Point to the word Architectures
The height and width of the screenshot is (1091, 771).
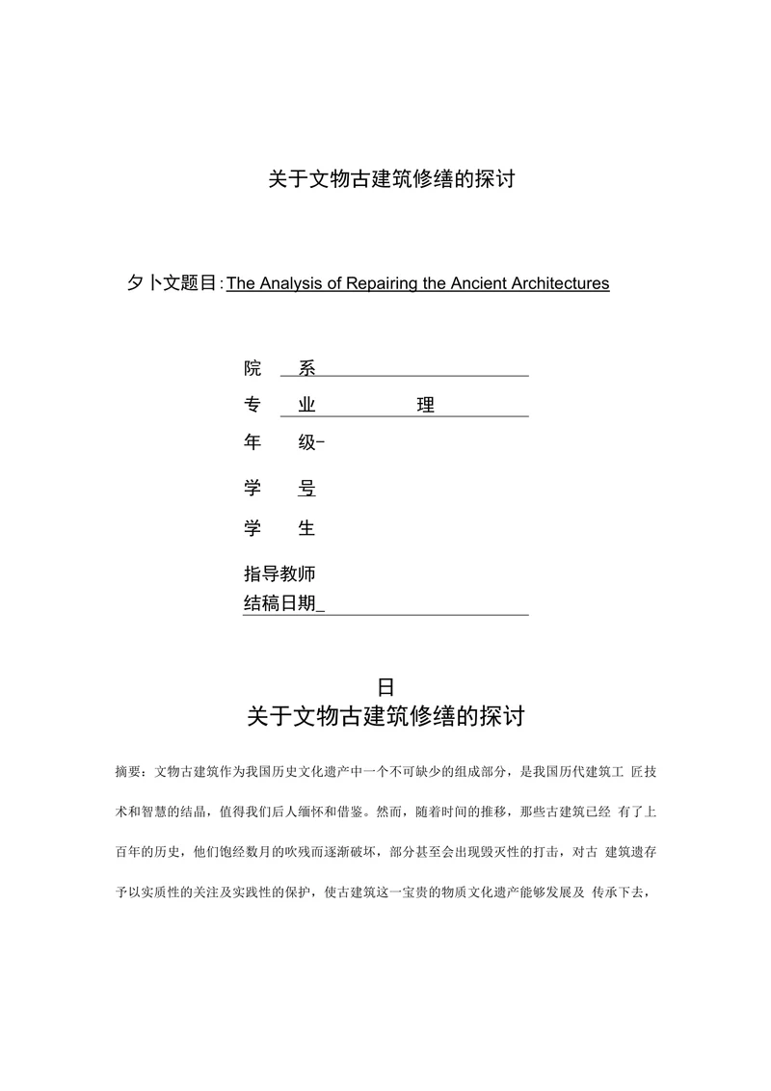(562, 283)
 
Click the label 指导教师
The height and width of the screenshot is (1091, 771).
(279, 573)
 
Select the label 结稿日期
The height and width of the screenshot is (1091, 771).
(279, 604)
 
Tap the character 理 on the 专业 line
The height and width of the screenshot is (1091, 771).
(425, 406)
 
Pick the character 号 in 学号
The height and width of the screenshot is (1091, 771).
(306, 489)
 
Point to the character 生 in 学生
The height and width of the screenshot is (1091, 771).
(306, 528)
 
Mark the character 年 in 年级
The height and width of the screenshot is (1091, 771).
(253, 442)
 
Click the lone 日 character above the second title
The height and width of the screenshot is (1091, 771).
(385, 687)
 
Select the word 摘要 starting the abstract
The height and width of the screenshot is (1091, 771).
(126, 772)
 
